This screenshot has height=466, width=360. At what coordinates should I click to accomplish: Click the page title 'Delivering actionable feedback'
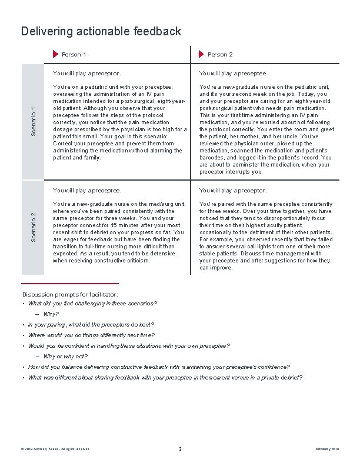pos(101,31)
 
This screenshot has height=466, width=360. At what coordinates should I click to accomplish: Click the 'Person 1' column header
pos(74,55)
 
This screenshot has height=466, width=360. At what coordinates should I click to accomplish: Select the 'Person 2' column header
pos(220,55)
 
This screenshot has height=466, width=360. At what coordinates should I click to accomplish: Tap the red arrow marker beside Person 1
pos(56,55)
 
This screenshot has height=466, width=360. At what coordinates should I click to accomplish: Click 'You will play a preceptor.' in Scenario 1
pos(87,74)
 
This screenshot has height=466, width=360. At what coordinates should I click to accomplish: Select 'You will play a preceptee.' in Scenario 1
pos(234,74)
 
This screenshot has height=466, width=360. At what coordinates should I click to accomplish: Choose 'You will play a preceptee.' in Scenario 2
pos(87,191)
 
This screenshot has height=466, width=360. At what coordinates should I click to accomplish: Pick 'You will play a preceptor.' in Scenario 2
pos(234,191)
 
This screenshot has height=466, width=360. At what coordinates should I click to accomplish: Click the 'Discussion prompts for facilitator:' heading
pos(70,294)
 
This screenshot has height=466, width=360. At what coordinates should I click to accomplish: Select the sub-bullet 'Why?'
pos(51,314)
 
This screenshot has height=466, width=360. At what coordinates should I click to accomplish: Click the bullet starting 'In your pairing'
pos(91,325)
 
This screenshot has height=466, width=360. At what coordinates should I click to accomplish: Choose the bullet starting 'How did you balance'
pos(159,367)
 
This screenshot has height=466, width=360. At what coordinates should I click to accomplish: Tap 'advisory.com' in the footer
pos(327,449)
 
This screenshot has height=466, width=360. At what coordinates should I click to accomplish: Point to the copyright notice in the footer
pos(55,449)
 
